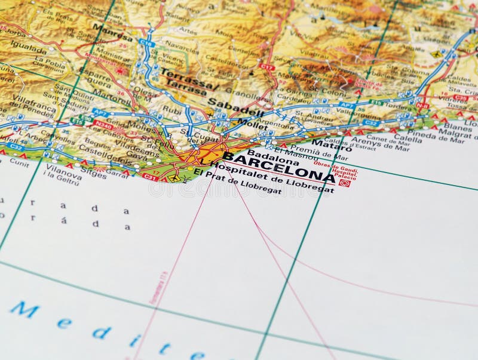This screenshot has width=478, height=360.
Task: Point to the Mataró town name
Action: coord(332,144)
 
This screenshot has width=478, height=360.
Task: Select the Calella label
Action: coord(407,138)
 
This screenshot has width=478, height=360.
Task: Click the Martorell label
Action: coord(111,96)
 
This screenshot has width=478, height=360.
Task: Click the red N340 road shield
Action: coord(103,125)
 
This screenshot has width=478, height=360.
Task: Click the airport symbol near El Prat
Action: coord(174,177)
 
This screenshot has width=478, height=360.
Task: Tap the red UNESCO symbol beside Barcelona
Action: coord(344,183)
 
